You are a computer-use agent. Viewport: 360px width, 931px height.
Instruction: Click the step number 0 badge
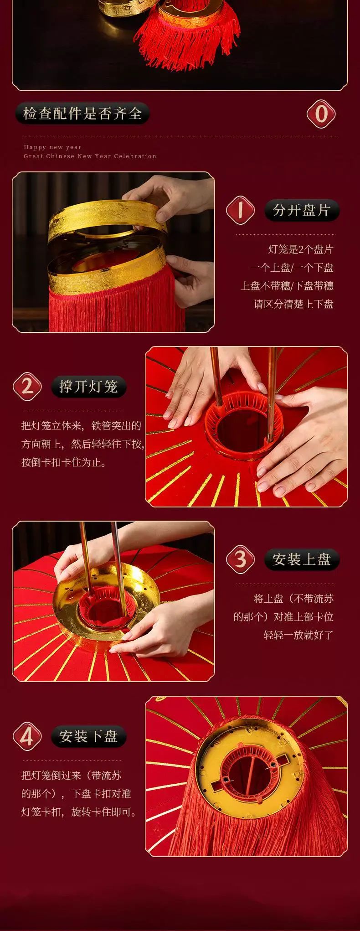[x=321, y=114]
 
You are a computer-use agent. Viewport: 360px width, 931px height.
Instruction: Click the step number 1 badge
[x=240, y=210]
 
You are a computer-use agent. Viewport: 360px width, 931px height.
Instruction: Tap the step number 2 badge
[x=27, y=386]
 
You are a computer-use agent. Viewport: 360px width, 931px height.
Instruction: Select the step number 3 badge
[x=240, y=559]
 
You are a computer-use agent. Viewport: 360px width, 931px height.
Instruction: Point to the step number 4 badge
[x=27, y=735]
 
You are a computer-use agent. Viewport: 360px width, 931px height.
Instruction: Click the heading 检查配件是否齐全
[x=82, y=114]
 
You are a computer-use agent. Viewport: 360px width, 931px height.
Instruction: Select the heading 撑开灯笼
[x=88, y=386]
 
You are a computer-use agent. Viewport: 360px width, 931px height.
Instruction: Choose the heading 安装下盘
[x=88, y=735]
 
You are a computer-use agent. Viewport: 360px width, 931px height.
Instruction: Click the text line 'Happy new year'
[x=52, y=147]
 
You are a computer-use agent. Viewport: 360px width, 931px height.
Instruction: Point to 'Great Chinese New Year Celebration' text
[x=90, y=156]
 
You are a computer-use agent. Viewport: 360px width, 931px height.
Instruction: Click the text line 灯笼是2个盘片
[x=301, y=249]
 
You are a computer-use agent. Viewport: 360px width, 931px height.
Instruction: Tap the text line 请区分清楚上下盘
[x=293, y=304]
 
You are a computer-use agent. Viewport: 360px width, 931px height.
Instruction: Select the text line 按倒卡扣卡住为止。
[x=64, y=462]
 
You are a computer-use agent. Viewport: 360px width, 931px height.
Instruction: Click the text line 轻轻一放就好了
[x=298, y=635]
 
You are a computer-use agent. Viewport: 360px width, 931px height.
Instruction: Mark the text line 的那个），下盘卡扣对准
[x=76, y=794]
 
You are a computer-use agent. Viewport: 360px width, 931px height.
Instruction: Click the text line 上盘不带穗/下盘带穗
[x=287, y=286]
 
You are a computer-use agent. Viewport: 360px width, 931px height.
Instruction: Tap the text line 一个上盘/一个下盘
[x=292, y=268]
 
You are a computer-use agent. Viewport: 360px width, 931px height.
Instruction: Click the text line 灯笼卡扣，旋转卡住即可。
[x=79, y=812]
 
